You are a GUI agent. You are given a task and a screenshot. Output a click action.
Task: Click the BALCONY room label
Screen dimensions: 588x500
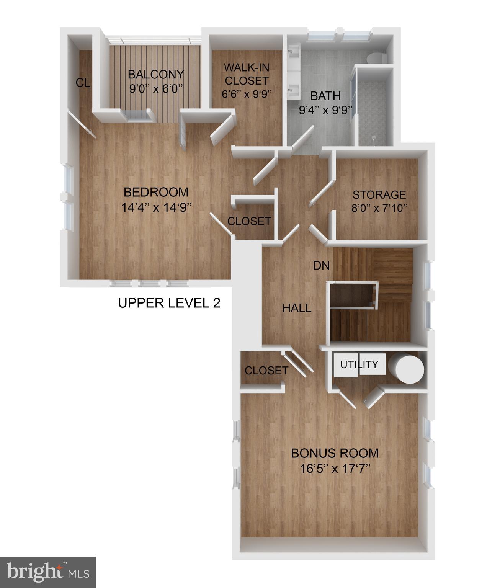pos(156,74)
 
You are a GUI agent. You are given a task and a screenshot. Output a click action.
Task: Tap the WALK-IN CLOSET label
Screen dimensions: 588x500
pos(246,74)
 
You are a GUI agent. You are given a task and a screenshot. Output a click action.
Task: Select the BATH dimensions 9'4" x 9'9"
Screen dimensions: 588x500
pos(325,110)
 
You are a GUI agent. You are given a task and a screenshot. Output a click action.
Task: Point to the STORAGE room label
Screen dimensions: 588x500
pos(379,194)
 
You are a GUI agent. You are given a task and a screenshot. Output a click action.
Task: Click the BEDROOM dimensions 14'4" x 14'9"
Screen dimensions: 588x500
pos(156,207)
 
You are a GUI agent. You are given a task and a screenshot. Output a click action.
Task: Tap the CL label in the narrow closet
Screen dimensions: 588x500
pos(83,83)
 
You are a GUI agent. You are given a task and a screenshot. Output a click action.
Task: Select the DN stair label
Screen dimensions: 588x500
pos(321,265)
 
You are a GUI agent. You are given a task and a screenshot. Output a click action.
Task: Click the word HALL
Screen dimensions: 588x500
pos(297,308)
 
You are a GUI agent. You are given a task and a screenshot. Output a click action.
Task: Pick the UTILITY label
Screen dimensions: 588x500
pos(359,364)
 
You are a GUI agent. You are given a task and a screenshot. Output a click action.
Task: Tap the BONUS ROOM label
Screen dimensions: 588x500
pos(335,453)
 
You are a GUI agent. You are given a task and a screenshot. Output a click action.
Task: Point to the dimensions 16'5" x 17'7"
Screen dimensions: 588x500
pos(335,468)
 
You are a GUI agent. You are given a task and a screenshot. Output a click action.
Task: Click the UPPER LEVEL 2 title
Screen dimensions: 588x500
pos(169,303)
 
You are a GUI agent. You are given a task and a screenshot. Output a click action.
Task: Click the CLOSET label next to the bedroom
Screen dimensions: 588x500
pos(249,221)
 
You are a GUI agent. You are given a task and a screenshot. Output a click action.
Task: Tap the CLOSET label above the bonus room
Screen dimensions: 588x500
pos(266,370)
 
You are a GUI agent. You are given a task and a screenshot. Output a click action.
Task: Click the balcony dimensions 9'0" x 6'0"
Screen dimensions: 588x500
pos(156,89)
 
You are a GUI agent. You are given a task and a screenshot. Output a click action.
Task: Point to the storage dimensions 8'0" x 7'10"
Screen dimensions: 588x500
pos(379,208)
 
